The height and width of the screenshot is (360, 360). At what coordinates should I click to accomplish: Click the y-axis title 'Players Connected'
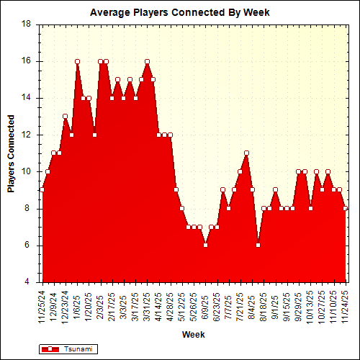pyautogui.click(x=11, y=153)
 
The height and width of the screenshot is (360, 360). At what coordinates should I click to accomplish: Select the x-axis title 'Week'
pyautogui.click(x=193, y=335)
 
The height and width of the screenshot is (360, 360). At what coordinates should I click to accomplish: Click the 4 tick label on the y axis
pyautogui.click(x=28, y=282)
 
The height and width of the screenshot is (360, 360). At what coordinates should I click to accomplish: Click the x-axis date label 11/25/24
pyautogui.click(x=42, y=305)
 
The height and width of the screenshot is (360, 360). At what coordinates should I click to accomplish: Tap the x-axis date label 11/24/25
pyautogui.click(x=346, y=305)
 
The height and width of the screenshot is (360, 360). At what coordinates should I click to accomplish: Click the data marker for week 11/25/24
pyautogui.click(x=42, y=189)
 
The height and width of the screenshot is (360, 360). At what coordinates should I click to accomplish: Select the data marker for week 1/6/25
pyautogui.click(x=77, y=61)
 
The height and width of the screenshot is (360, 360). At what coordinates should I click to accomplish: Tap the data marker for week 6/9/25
pyautogui.click(x=205, y=245)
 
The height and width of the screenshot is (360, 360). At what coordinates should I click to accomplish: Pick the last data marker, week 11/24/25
pyautogui.click(x=346, y=208)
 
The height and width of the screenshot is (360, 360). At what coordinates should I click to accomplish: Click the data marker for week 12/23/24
pyautogui.click(x=65, y=116)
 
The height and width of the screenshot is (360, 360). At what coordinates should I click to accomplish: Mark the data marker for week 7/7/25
pyautogui.click(x=228, y=208)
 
